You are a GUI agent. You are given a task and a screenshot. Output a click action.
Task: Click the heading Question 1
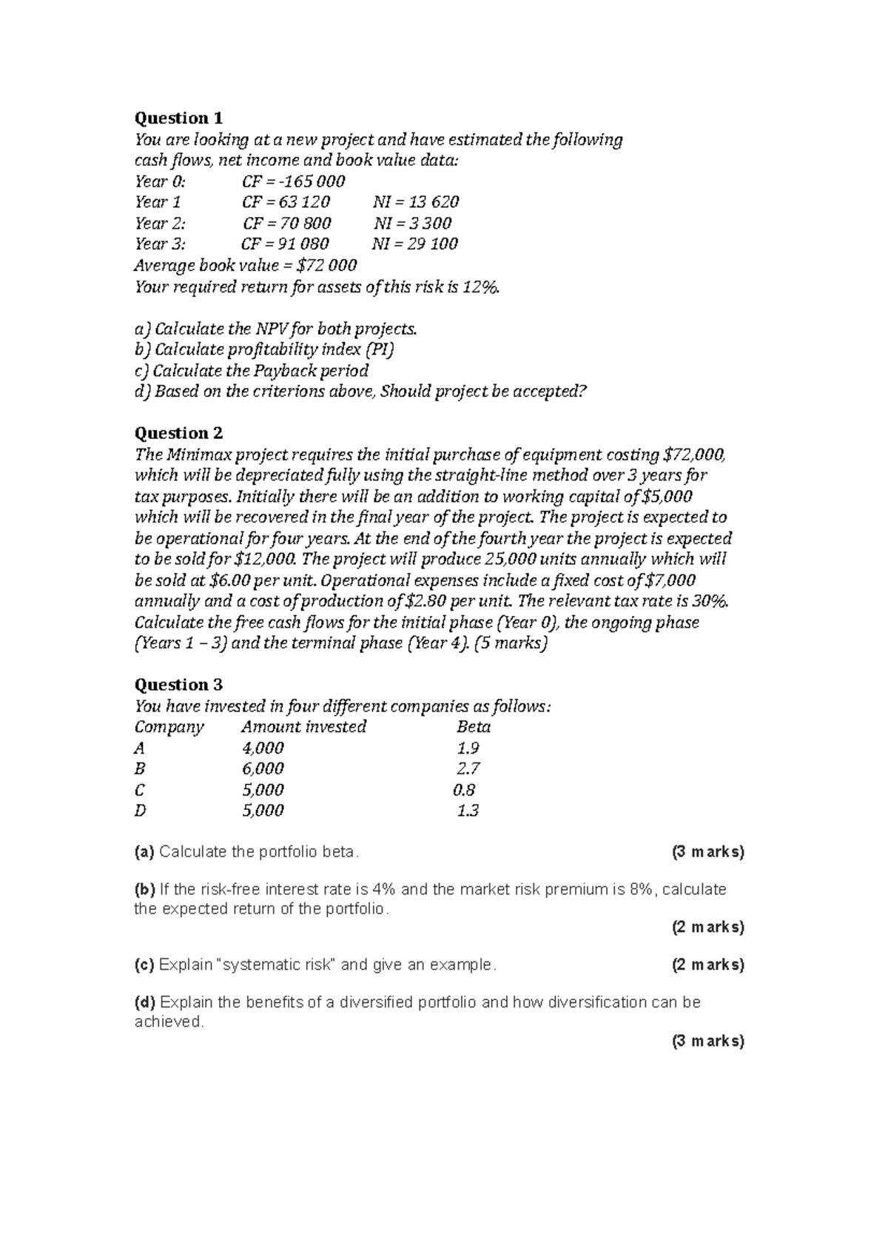(x=178, y=118)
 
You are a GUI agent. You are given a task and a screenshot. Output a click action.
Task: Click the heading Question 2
(x=178, y=433)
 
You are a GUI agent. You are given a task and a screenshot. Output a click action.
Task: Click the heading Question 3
(x=178, y=685)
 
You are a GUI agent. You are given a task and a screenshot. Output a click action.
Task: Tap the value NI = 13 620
(x=417, y=202)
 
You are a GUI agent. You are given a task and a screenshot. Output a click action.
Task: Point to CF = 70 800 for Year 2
(x=286, y=224)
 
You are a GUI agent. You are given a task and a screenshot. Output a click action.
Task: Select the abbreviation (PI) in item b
(x=380, y=349)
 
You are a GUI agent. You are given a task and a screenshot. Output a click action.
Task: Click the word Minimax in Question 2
(x=198, y=455)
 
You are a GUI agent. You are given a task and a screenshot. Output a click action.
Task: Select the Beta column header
(x=474, y=727)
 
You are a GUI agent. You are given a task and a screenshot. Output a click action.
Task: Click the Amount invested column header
(x=303, y=727)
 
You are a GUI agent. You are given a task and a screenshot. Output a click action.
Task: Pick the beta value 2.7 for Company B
(x=468, y=769)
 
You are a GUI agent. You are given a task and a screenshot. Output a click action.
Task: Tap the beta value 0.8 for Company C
(x=465, y=790)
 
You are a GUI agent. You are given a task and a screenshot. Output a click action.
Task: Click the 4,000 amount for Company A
(x=263, y=748)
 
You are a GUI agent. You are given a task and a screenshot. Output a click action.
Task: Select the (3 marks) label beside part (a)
(x=707, y=852)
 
